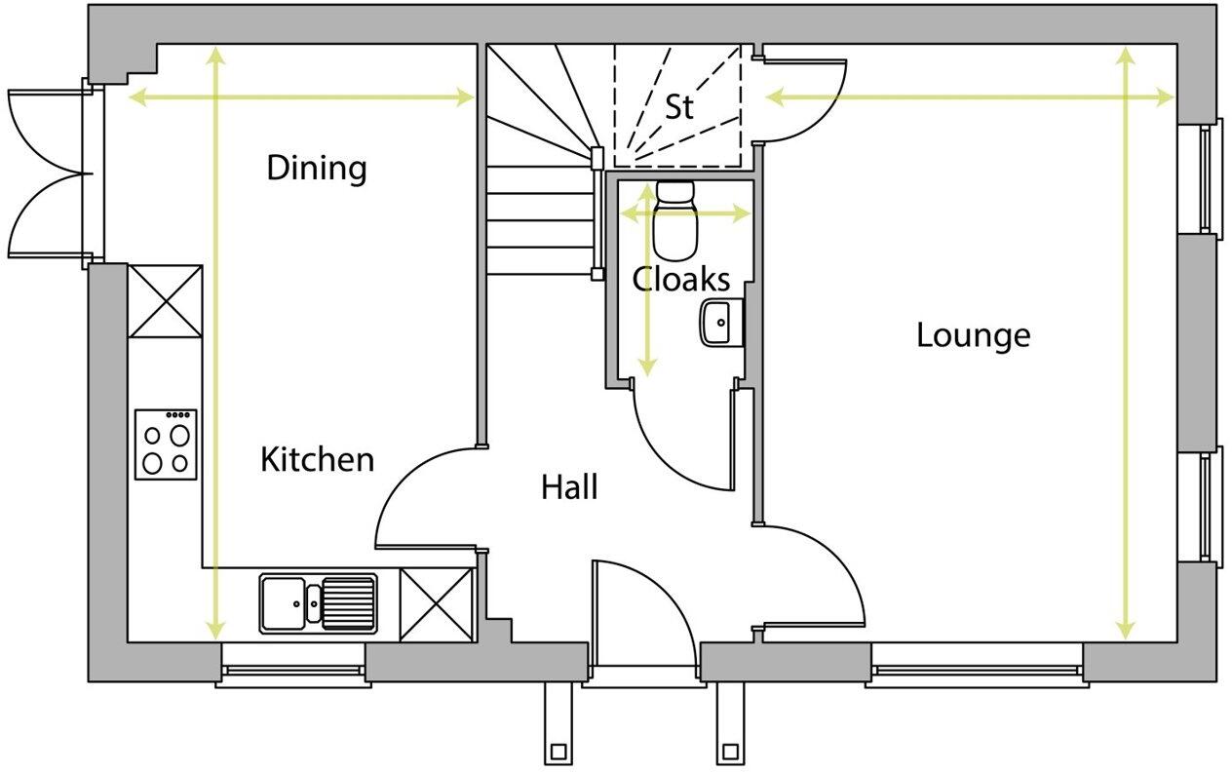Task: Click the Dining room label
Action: coord(317,168)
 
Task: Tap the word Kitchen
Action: coord(317,458)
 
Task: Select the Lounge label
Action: coord(973,335)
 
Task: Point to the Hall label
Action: coord(569,486)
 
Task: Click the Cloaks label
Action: coord(680,280)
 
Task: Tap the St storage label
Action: coord(679,106)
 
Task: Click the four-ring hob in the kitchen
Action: coord(166,444)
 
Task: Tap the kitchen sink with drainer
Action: coord(319,603)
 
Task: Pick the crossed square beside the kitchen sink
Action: coord(437,604)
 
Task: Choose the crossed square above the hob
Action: coord(166,300)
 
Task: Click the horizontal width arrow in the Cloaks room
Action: coord(686,213)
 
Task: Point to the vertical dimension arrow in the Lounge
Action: coord(1127,341)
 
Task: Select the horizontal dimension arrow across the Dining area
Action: coord(302,96)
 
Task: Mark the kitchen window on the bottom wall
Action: coord(292,671)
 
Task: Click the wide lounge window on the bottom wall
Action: coord(976,671)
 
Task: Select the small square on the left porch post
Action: coord(558,752)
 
